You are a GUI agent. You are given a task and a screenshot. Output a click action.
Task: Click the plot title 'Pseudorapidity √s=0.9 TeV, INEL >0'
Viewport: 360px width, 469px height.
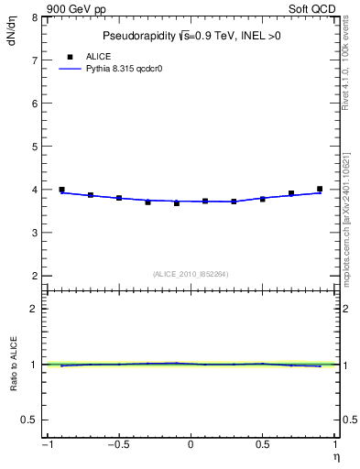tap(191, 36)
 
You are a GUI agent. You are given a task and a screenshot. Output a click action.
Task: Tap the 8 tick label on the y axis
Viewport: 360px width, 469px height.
tap(35, 17)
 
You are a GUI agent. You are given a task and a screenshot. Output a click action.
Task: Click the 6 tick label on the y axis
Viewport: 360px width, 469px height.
tap(35, 104)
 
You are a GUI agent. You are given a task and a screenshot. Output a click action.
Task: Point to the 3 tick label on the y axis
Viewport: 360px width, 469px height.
tap(35, 233)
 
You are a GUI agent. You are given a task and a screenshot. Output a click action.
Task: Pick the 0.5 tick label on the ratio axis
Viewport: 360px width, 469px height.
tap(30, 420)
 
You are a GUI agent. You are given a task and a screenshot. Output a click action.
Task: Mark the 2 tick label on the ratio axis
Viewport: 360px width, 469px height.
tap(35, 309)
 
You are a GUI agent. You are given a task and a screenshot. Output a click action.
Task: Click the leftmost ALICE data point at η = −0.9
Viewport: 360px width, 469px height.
tap(61, 190)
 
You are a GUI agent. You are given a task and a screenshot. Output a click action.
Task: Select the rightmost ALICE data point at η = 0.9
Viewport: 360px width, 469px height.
tap(320, 189)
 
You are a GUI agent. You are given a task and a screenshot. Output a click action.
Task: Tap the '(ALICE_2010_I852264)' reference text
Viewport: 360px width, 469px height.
tap(191, 273)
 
